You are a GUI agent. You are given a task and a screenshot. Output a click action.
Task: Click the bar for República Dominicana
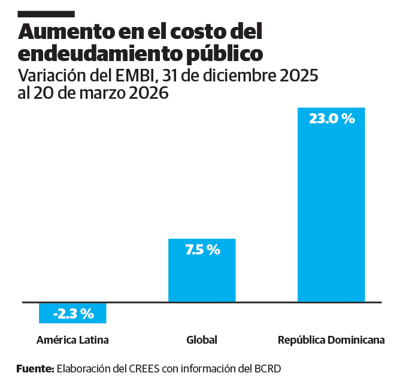click(x=331, y=210)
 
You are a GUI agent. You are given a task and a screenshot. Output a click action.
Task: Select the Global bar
click(x=202, y=275)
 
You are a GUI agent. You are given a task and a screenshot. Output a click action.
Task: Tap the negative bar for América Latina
click(x=72, y=313)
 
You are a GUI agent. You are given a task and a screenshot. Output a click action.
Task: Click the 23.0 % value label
click(x=332, y=119)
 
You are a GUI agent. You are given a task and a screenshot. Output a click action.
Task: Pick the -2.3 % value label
click(x=73, y=313)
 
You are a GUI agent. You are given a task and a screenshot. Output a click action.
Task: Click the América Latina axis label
click(x=72, y=340)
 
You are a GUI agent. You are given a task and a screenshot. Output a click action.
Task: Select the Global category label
click(x=202, y=340)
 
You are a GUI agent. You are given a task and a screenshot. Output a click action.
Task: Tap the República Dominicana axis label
click(x=331, y=340)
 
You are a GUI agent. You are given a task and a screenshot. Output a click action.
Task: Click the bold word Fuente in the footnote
click(x=35, y=368)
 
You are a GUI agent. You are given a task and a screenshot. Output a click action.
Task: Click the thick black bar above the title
click(x=46, y=14)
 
